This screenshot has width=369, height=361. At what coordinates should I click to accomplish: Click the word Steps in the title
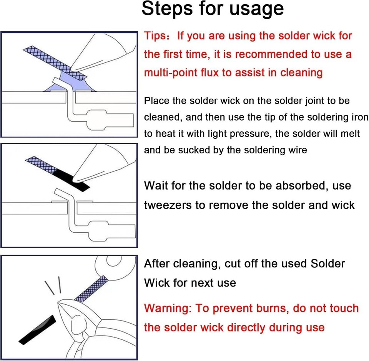167,9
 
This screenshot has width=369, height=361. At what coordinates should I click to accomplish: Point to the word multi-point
171,72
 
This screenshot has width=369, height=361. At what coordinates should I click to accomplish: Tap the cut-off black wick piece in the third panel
38,330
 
